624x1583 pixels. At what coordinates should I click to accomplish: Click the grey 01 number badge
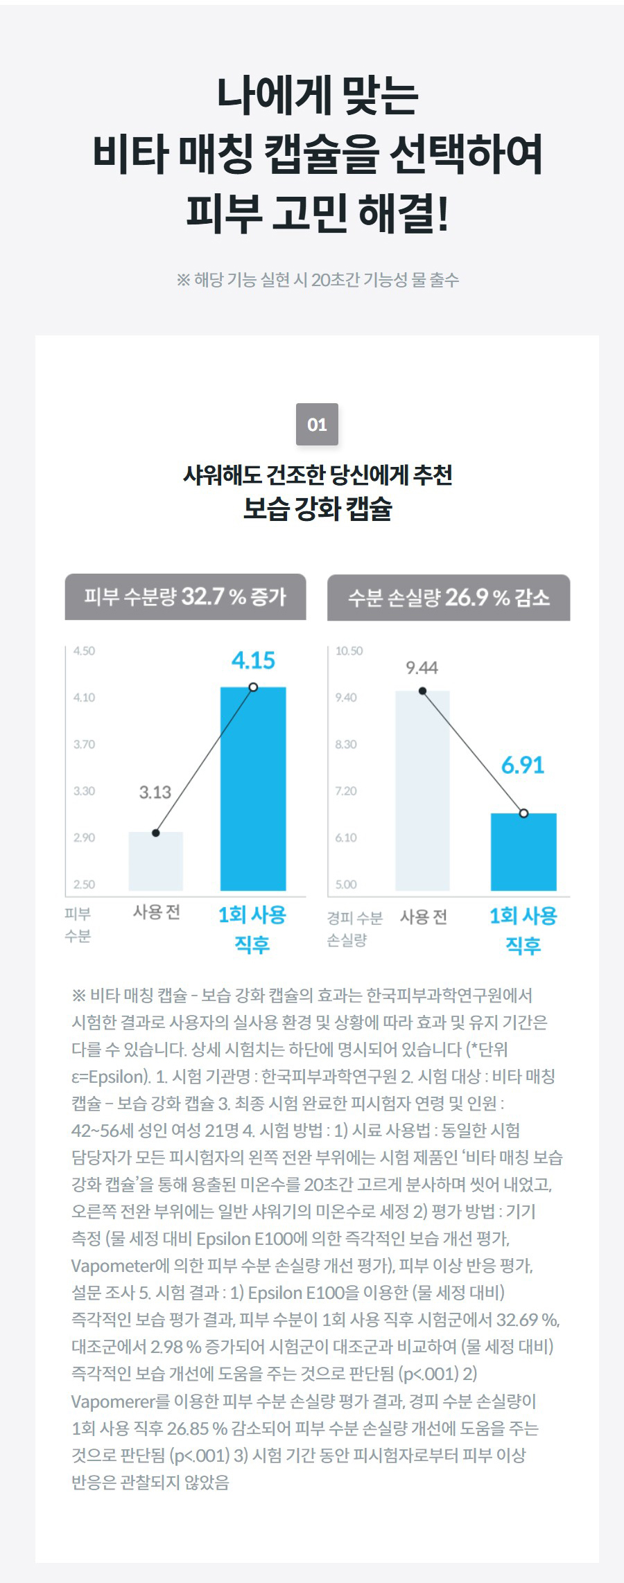coord(317,425)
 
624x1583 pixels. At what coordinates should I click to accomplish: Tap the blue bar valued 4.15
coord(253,790)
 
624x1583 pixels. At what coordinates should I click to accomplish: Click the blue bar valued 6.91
coord(523,852)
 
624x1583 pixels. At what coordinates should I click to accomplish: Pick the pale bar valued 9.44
coord(422,790)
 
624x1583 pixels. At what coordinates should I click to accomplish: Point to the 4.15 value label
coord(253,660)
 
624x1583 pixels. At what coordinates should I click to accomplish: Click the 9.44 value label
coord(422,668)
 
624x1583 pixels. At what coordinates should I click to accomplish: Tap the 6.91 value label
coord(523,766)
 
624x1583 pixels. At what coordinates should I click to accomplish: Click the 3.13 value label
coord(155,793)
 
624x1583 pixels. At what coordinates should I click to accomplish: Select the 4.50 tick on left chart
coord(84,651)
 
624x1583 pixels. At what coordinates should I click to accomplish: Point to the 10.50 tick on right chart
coord(349,651)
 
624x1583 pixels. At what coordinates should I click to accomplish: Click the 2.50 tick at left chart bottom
coord(84,885)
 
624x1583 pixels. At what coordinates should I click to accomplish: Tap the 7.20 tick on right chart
coord(346,791)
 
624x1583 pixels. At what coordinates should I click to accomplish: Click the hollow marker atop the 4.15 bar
coord(253,687)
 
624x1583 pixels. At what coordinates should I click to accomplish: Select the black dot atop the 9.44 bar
coord(422,691)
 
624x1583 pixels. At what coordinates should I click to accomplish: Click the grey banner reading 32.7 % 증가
coord(185,596)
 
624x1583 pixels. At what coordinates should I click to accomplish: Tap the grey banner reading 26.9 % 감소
coord(449,597)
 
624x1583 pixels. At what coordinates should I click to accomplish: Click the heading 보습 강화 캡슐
coord(317,509)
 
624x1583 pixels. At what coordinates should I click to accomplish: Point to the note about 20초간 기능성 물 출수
coord(317,280)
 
